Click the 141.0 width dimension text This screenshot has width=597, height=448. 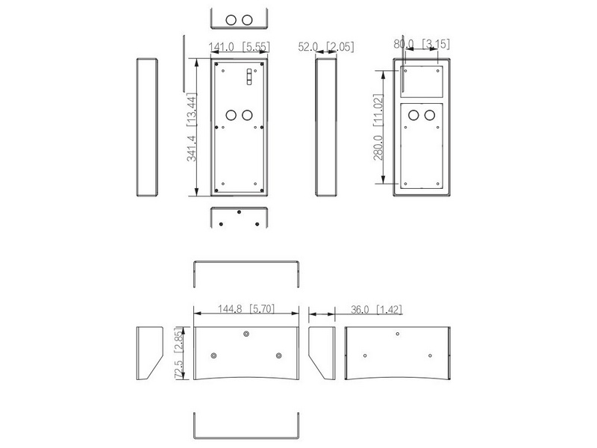pyautogui.click(x=221, y=47)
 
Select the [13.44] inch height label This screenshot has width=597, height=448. pyautogui.click(x=192, y=109)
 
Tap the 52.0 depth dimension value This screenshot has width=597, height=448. pyautogui.click(x=308, y=46)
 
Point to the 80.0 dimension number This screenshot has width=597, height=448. pyautogui.click(x=404, y=44)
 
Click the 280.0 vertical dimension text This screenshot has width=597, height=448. pyautogui.click(x=378, y=147)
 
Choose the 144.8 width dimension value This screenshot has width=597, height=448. pyautogui.click(x=230, y=308)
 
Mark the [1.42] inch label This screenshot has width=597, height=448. pyautogui.click(x=389, y=309)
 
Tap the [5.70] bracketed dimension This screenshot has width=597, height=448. pyautogui.click(x=262, y=308)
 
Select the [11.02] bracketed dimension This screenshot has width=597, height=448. pyautogui.click(x=378, y=110)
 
